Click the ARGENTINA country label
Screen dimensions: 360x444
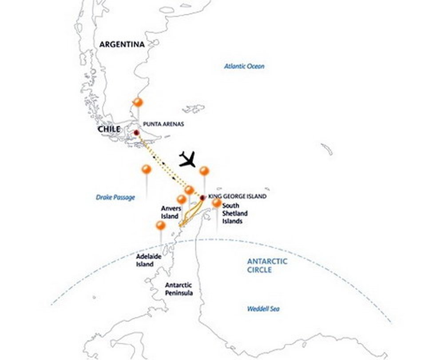(122, 44)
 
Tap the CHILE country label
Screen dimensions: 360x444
(109, 129)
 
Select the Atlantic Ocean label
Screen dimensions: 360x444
(244, 66)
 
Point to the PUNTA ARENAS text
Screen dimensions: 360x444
(163, 124)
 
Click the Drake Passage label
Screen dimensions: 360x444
(115, 197)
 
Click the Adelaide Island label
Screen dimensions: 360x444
(145, 260)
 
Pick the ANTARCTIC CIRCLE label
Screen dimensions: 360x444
(267, 265)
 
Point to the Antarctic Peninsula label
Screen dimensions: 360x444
(178, 289)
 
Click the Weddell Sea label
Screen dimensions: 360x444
(264, 309)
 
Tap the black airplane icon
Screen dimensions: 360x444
(187, 159)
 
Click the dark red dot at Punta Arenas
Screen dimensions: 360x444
(136, 132)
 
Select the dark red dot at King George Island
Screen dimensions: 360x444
(202, 197)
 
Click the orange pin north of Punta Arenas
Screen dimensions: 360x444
(138, 103)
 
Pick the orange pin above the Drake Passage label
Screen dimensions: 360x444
(146, 169)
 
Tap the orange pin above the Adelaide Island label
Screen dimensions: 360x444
(161, 226)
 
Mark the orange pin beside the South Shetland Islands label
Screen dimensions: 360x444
(217, 203)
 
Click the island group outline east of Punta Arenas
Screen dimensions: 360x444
(194, 108)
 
